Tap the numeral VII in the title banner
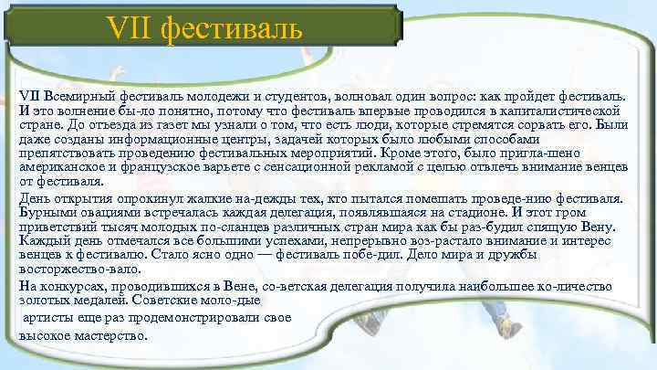130,29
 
